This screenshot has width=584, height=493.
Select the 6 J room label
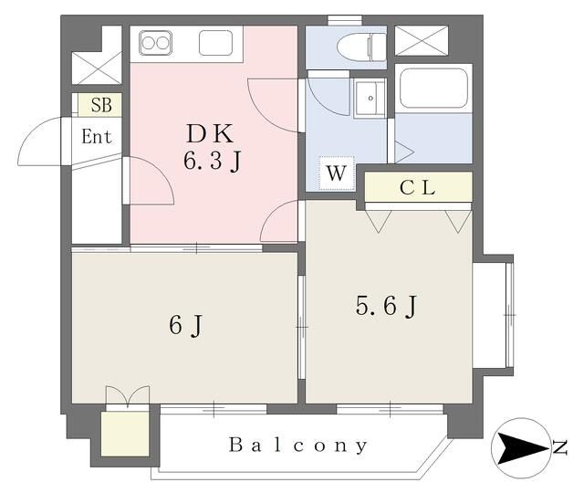[184, 323]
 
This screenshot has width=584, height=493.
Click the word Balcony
[298, 446]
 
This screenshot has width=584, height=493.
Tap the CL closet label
[418, 189]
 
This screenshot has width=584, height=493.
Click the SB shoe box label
[100, 105]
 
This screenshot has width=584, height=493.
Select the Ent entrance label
[97, 138]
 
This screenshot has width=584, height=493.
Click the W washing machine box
[335, 172]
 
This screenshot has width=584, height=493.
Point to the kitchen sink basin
[216, 43]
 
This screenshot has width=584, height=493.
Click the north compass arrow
[520, 446]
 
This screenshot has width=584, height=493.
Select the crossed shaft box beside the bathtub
[421, 42]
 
